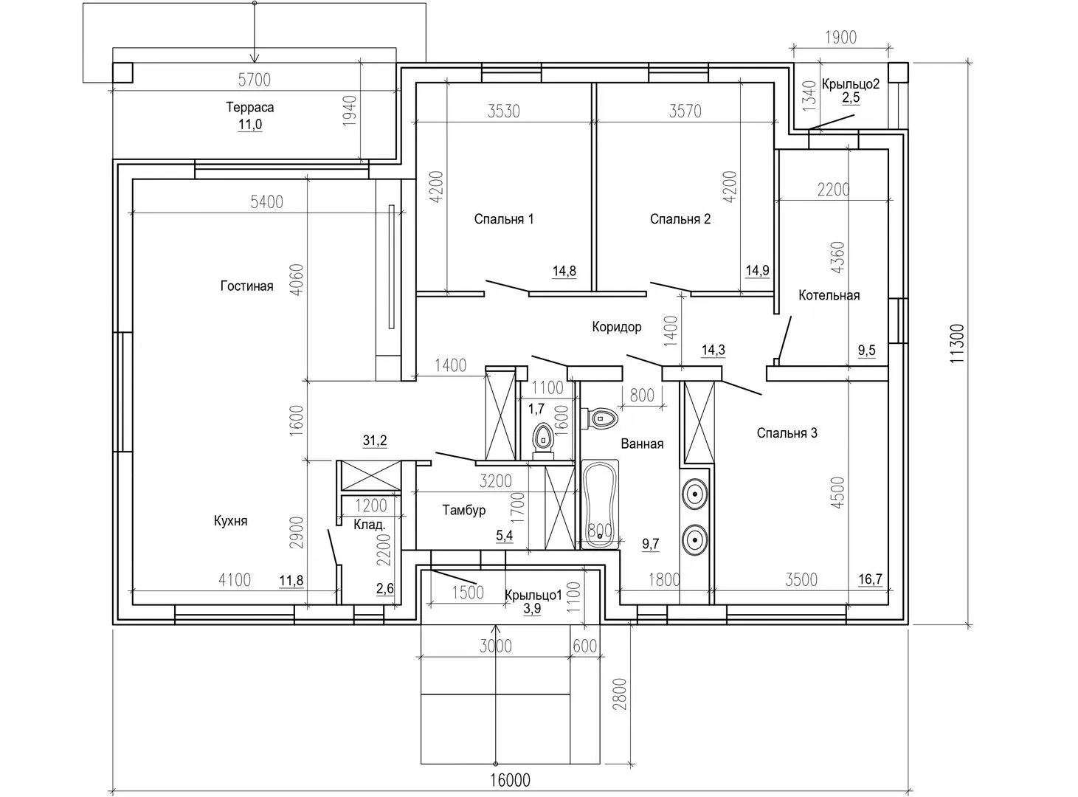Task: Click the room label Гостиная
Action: click(x=246, y=286)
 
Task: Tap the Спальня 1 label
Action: click(x=503, y=219)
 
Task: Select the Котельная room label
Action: click(x=829, y=295)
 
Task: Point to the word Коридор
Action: click(x=616, y=327)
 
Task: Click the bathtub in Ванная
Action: click(x=600, y=504)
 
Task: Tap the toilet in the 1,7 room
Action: click(x=543, y=441)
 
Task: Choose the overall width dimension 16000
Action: click(x=510, y=779)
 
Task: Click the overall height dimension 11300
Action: click(x=956, y=343)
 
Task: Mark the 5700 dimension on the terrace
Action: click(x=255, y=80)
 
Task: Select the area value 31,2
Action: click(x=375, y=440)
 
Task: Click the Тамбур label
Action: click(x=463, y=510)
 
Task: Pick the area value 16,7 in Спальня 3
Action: click(x=870, y=579)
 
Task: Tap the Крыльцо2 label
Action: click(x=851, y=83)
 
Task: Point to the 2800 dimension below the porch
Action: click(x=621, y=694)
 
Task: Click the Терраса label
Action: click(x=250, y=107)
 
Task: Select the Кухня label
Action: click(x=230, y=520)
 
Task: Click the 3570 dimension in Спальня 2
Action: click(x=685, y=111)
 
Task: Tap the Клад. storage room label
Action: click(x=370, y=525)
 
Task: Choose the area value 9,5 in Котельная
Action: click(x=866, y=350)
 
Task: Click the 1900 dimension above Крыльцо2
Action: click(x=841, y=38)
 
